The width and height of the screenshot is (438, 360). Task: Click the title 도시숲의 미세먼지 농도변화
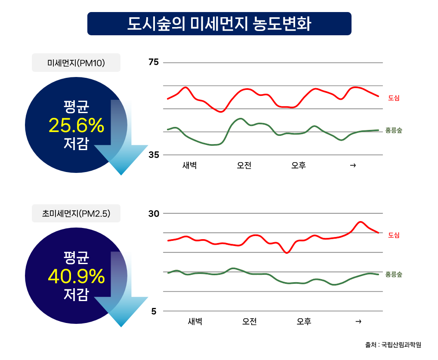pyautogui.click(x=219, y=24)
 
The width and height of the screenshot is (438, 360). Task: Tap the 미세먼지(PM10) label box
pyautogui.click(x=76, y=63)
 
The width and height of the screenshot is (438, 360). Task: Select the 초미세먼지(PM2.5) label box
pyautogui.click(x=76, y=213)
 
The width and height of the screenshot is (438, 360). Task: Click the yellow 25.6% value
pyautogui.click(x=76, y=125)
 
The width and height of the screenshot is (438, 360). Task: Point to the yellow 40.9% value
pyautogui.click(x=76, y=276)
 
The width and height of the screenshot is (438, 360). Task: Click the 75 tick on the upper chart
pyautogui.click(x=154, y=62)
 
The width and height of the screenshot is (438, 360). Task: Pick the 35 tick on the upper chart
pyautogui.click(x=154, y=155)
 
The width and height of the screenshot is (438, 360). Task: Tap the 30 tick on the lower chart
pyautogui.click(x=154, y=213)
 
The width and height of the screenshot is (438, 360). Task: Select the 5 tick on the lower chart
pyautogui.click(x=154, y=311)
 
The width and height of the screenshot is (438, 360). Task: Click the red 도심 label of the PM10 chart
pyautogui.click(x=394, y=98)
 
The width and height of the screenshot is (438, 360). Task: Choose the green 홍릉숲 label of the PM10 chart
pyautogui.click(x=394, y=130)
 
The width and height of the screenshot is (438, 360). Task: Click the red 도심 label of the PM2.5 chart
pyautogui.click(x=394, y=235)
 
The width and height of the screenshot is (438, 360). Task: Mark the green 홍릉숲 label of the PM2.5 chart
pyautogui.click(x=394, y=274)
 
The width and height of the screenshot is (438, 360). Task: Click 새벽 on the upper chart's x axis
pyautogui.click(x=189, y=166)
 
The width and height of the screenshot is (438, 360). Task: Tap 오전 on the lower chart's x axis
pyautogui.click(x=250, y=321)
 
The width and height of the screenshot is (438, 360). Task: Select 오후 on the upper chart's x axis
pyautogui.click(x=298, y=166)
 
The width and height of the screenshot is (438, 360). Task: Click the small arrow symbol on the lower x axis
pyautogui.click(x=358, y=321)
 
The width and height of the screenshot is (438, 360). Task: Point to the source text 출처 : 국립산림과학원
pyautogui.click(x=393, y=345)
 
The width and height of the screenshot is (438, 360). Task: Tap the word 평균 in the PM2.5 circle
pyautogui.click(x=76, y=258)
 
